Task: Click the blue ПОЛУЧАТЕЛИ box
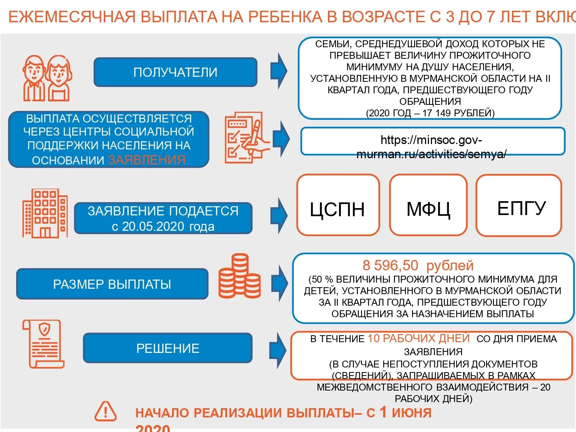[x=175, y=72]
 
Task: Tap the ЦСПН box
[x=338, y=205]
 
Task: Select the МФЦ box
[x=428, y=205]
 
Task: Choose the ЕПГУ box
[x=519, y=205]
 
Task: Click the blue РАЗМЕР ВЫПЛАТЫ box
[x=112, y=284]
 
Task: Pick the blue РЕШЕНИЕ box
[x=168, y=348]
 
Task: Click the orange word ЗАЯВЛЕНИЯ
[x=147, y=160]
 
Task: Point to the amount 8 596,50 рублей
[x=418, y=265]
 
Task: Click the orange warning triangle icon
[x=106, y=412]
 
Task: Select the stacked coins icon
[x=240, y=276]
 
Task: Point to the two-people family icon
[x=46, y=78]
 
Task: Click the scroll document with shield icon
[x=43, y=344]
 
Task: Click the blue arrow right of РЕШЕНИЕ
[x=278, y=349]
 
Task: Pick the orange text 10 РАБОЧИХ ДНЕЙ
[x=419, y=338]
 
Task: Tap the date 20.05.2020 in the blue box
[x=150, y=227]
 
